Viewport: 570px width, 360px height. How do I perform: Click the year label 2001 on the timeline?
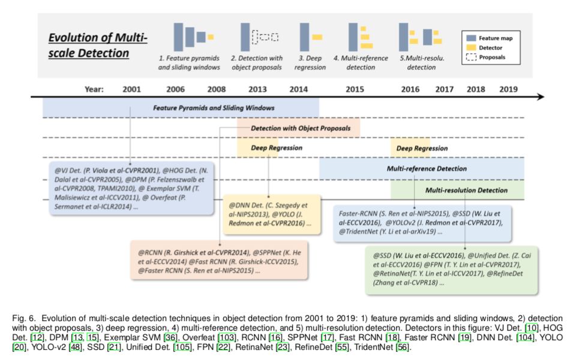131,89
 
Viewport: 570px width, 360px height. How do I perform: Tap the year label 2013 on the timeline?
257,89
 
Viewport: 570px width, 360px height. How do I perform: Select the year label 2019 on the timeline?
509,89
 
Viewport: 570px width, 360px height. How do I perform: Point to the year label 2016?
410,89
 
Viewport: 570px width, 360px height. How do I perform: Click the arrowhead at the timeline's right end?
541,97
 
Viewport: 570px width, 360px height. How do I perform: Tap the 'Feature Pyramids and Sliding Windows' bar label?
214,108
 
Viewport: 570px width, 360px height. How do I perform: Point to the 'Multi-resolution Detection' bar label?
466,190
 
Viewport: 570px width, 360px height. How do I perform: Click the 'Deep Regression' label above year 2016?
422,148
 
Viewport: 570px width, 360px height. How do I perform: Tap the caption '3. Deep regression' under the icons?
310,63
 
